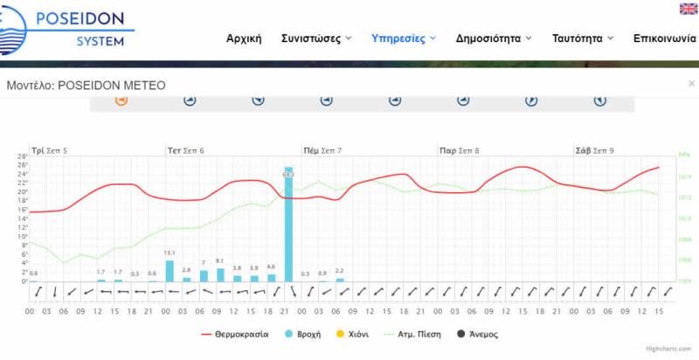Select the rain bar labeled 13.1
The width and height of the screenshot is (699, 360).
[x=170, y=271]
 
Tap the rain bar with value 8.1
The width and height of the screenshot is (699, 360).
[x=220, y=274]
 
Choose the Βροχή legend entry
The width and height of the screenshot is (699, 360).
[x=302, y=334]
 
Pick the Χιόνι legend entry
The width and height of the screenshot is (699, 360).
[x=353, y=334]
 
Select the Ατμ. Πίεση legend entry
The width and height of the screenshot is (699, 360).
[x=412, y=334]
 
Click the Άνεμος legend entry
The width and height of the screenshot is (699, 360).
[x=481, y=334]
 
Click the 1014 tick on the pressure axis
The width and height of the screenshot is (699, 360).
[x=685, y=177]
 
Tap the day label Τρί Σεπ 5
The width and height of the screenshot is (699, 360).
[x=49, y=151]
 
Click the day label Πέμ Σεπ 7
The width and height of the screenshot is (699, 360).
[x=322, y=151]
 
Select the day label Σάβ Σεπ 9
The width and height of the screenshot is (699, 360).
[x=594, y=151]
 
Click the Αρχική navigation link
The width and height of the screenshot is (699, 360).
[x=244, y=38]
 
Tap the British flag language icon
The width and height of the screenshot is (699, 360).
[x=688, y=9]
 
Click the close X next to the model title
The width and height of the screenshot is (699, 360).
[x=691, y=84]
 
